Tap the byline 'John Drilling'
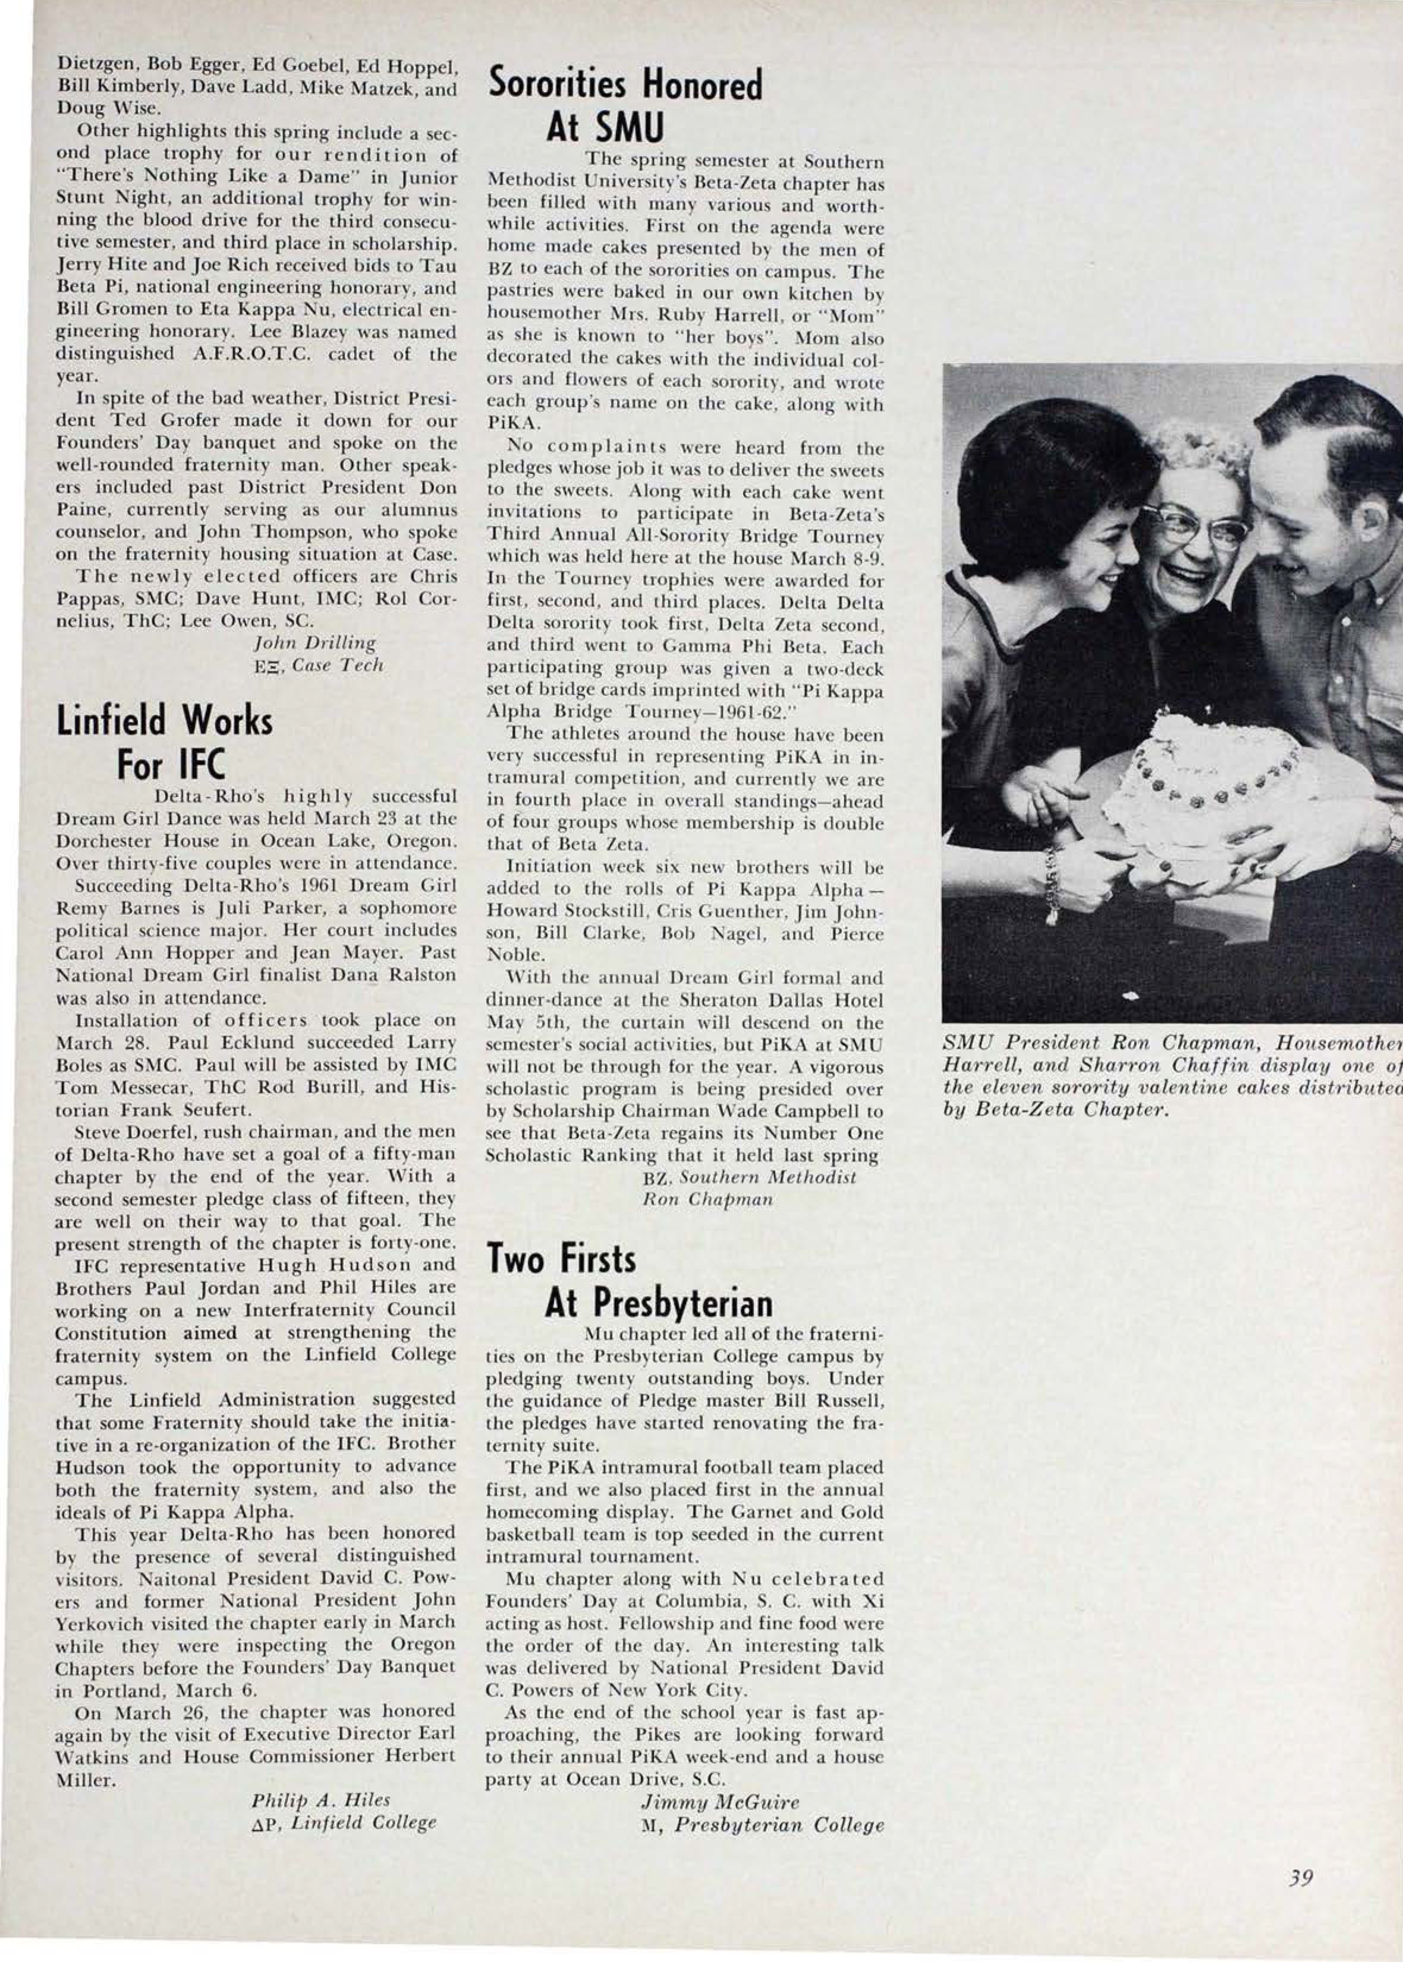pyautogui.click(x=314, y=643)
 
